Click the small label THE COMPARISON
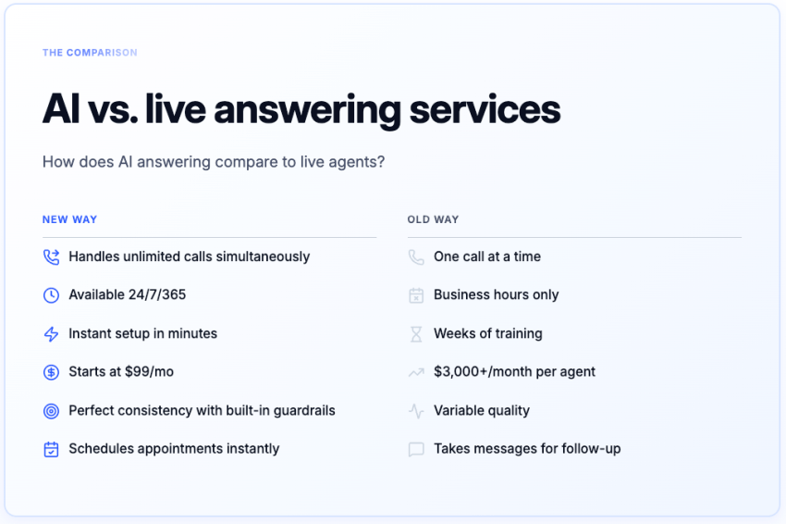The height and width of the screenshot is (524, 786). coord(90,53)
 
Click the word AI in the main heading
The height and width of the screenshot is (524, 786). coord(61,109)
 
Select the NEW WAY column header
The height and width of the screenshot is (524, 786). coord(69,219)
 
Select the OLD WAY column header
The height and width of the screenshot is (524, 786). coord(433,219)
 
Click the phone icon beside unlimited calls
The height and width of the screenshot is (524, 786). coord(51,256)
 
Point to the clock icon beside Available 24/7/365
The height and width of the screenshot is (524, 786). coord(51,295)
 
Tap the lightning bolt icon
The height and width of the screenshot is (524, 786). coord(51,333)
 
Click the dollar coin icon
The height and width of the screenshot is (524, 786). coord(51,372)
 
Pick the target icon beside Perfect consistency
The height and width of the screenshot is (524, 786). coord(51,410)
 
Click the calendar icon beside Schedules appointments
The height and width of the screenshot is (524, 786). coord(51,449)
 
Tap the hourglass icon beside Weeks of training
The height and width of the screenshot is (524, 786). coord(416,333)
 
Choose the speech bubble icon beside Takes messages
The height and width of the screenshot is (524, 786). coord(416,449)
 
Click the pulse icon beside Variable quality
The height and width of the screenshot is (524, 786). coord(416,410)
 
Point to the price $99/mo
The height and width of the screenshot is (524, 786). coord(149,372)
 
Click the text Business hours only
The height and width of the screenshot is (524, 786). coord(496,295)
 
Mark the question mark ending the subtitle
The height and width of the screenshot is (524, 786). coord(380,162)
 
